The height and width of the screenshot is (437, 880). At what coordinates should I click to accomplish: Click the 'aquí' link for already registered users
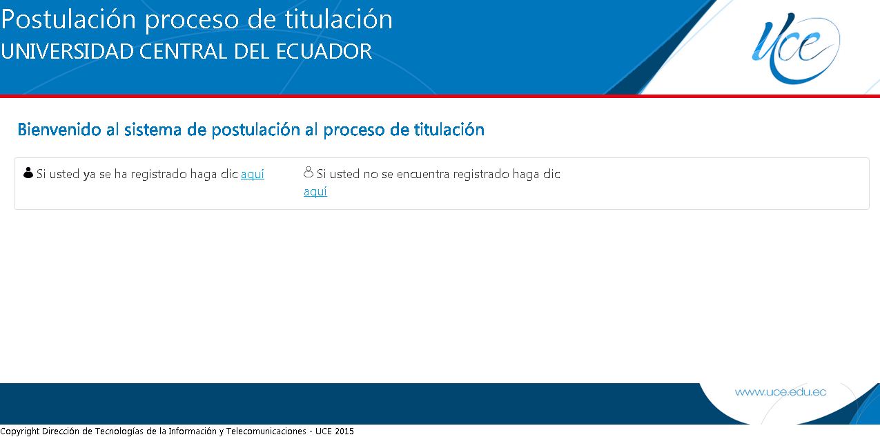253,175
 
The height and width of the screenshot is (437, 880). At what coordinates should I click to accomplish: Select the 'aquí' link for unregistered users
315,192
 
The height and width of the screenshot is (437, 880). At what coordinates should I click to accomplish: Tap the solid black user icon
28,173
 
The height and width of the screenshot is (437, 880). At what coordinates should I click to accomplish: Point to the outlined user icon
309,173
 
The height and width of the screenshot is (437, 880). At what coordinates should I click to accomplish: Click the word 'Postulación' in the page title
69,20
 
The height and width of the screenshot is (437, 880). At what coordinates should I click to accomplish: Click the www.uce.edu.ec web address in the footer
780,392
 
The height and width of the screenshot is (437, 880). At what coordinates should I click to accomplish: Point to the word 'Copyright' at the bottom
20,431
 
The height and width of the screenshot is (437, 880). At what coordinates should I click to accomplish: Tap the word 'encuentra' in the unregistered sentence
422,175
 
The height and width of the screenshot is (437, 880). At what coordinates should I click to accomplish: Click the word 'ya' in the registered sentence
89,175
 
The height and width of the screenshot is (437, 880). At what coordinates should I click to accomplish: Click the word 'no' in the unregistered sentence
371,175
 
